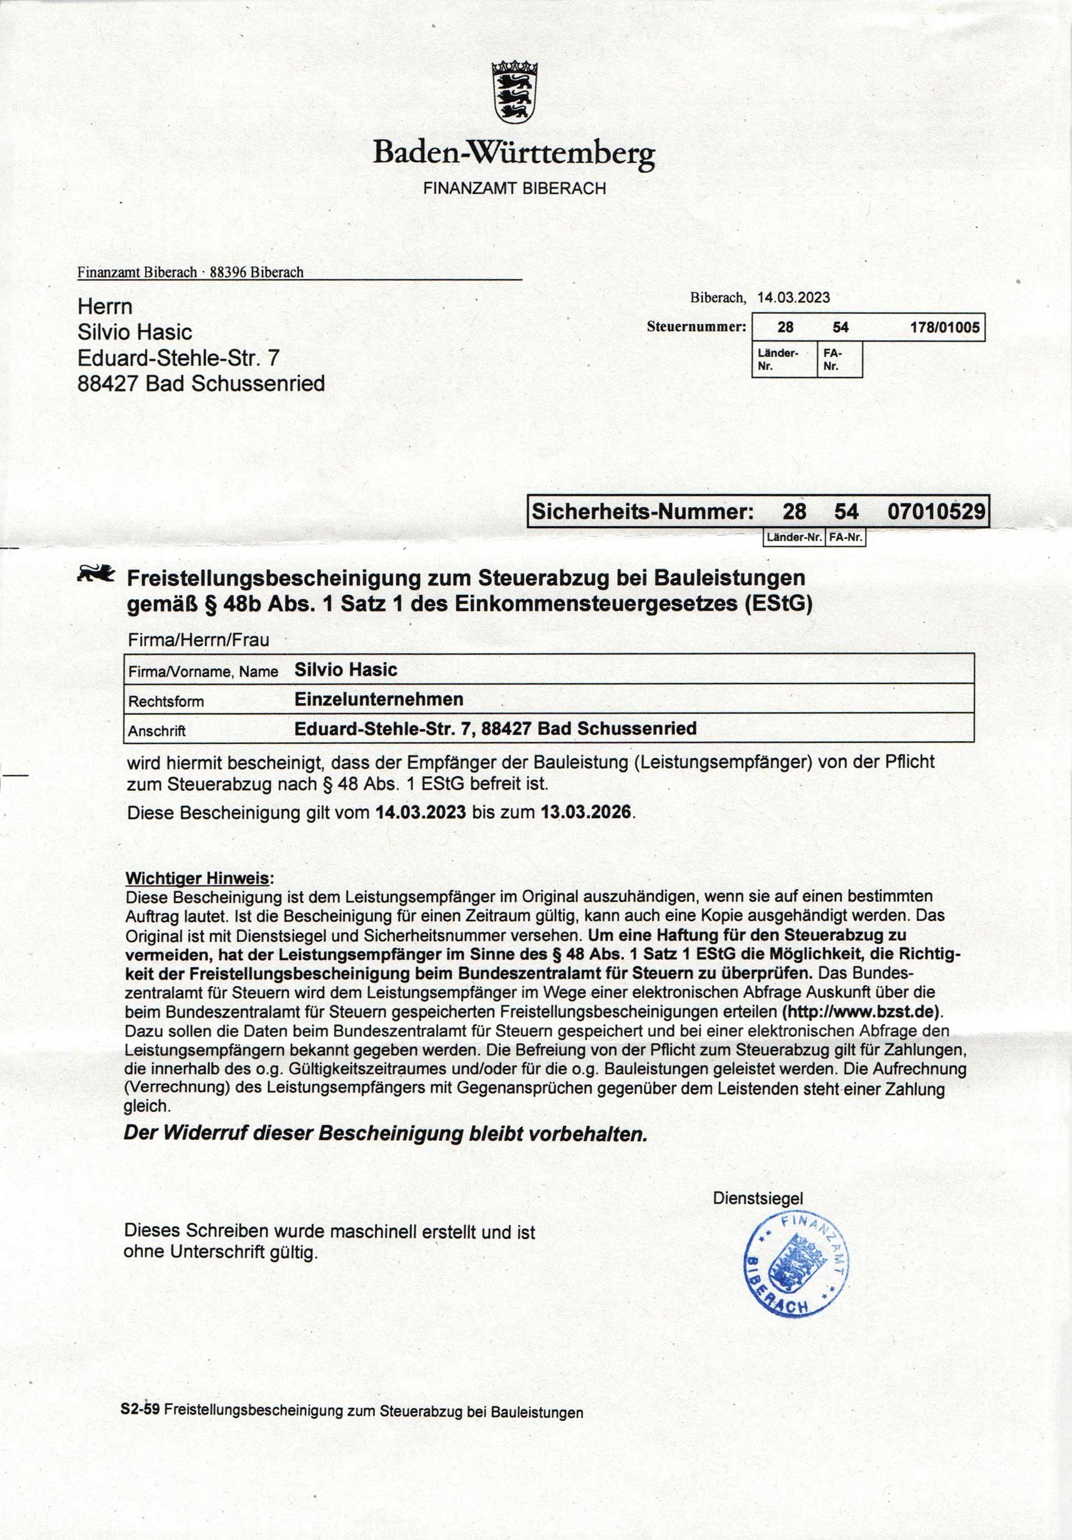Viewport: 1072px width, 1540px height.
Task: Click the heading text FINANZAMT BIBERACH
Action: [x=515, y=189]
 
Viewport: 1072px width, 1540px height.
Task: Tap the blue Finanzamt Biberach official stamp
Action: [x=796, y=1266]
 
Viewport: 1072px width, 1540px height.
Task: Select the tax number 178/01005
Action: [x=945, y=328]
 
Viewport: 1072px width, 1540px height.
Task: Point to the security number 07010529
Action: [x=936, y=512]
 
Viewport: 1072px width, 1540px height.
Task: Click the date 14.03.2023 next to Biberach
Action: [x=793, y=298]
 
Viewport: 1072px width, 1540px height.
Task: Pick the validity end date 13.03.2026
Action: [x=586, y=812]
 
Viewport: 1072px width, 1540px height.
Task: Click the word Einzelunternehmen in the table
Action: [x=379, y=700]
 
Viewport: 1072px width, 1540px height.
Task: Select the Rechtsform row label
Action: [x=166, y=701]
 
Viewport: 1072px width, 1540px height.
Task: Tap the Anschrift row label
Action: [x=157, y=731]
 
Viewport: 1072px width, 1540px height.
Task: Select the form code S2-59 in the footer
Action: [x=140, y=1409]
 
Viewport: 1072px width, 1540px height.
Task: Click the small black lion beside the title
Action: [x=96, y=574]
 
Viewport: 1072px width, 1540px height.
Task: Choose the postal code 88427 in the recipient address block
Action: [x=107, y=384]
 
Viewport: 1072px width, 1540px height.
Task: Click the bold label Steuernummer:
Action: [x=696, y=327]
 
